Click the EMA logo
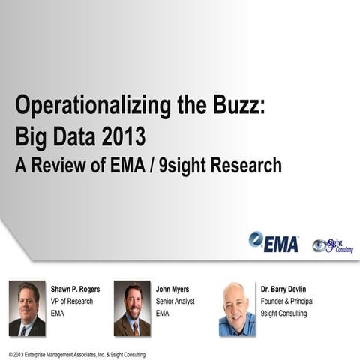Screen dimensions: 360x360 coord(274,241)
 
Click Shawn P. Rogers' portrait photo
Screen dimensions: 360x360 coord(27,308)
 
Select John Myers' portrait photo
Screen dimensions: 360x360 coord(132,308)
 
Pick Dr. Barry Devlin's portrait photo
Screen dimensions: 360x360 coord(237,309)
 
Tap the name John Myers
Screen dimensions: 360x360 coord(173,288)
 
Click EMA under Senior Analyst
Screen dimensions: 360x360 coord(163,313)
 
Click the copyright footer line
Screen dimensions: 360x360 coord(77,354)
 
